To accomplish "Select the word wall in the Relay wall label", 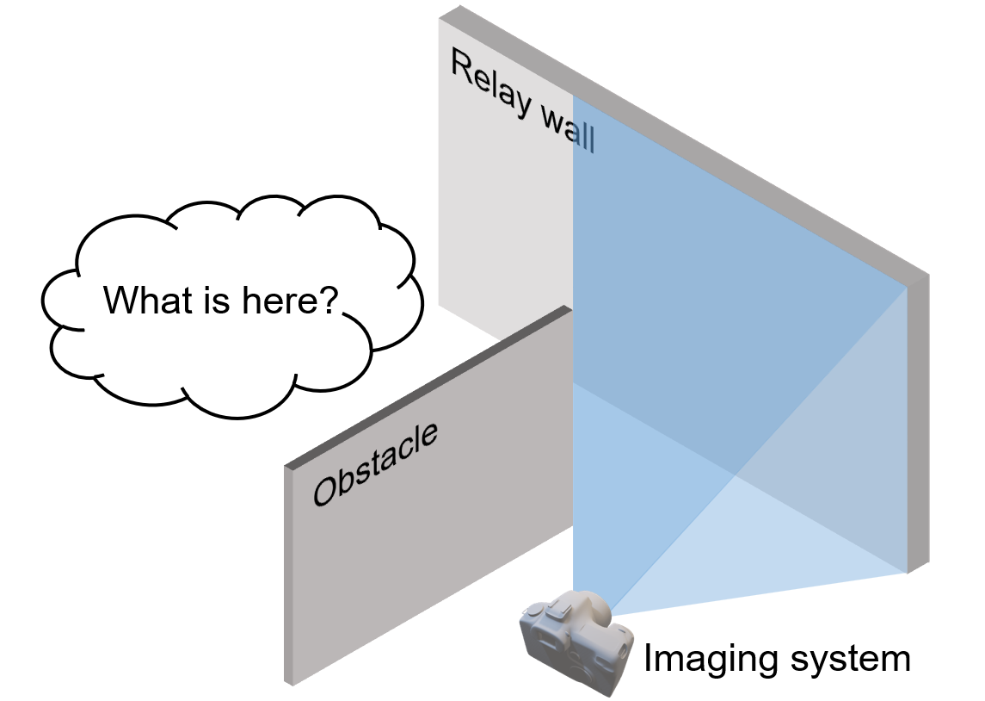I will coord(567,132).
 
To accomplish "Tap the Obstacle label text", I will coord(375,464).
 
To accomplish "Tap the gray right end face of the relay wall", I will coord(918,422).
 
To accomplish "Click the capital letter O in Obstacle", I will coord(324,492).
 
